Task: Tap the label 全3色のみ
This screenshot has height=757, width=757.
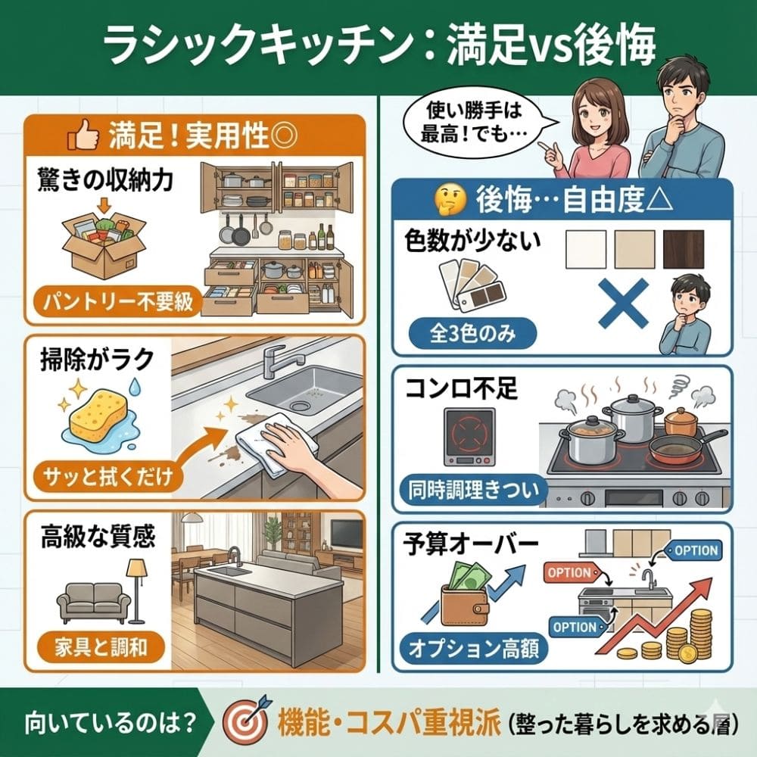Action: click(x=472, y=331)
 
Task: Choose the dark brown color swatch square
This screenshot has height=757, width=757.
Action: click(x=683, y=248)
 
